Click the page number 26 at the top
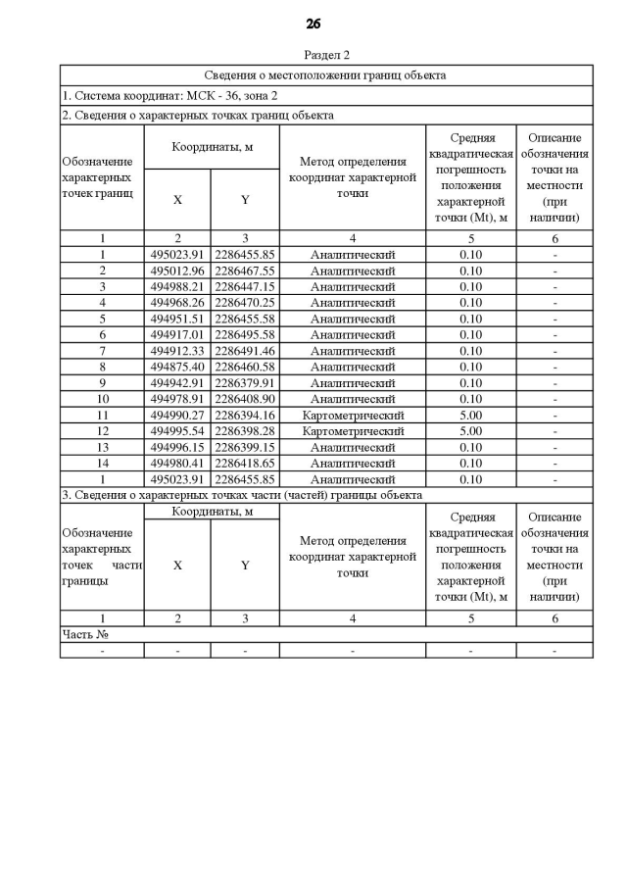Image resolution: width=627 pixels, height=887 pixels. [313, 24]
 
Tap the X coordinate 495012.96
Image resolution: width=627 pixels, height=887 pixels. [176, 271]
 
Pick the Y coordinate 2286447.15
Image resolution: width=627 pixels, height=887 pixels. [245, 286]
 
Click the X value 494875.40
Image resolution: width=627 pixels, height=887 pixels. [176, 367]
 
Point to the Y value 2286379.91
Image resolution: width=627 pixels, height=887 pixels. [245, 382]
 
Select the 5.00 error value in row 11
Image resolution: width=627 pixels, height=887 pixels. [470, 415]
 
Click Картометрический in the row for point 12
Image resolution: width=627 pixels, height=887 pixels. [353, 430]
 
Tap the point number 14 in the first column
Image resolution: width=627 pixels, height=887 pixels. [102, 463]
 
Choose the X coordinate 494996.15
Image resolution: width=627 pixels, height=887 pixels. [176, 447]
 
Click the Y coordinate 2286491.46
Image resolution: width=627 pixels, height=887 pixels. [245, 351]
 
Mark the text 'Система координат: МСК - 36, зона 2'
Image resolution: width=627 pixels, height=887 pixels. [169, 96]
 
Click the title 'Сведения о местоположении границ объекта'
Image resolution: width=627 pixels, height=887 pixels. [325, 74]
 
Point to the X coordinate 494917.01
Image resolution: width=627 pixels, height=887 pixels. [176, 334]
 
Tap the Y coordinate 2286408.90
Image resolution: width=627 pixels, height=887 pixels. [245, 399]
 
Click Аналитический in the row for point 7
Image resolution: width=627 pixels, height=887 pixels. [353, 351]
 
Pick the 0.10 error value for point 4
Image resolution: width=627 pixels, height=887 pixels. [470, 303]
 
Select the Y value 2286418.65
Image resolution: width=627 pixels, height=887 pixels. [245, 463]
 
